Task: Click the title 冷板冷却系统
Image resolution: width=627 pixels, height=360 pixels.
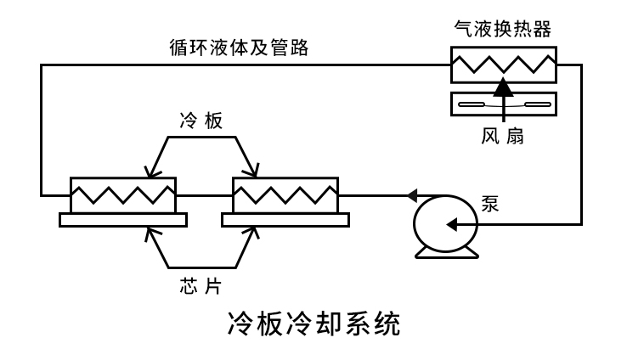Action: pyautogui.click(x=313, y=324)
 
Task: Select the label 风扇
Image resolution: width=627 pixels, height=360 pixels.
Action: pyautogui.click(x=505, y=135)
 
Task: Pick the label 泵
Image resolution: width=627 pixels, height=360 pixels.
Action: pyautogui.click(x=492, y=205)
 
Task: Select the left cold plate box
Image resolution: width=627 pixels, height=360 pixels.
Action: pyautogui.click(x=122, y=194)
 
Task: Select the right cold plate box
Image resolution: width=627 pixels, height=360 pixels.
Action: pyautogui.click(x=285, y=194)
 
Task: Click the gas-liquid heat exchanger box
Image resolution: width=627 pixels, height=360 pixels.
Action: pyautogui.click(x=502, y=64)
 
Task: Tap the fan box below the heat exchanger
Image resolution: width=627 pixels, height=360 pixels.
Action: pyautogui.click(x=502, y=104)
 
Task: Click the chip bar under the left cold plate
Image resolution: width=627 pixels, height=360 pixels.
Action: pyautogui.click(x=122, y=220)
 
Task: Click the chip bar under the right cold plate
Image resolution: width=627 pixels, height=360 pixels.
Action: pyautogui.click(x=285, y=220)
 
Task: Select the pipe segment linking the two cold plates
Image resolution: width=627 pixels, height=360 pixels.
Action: pyautogui.click(x=204, y=194)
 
